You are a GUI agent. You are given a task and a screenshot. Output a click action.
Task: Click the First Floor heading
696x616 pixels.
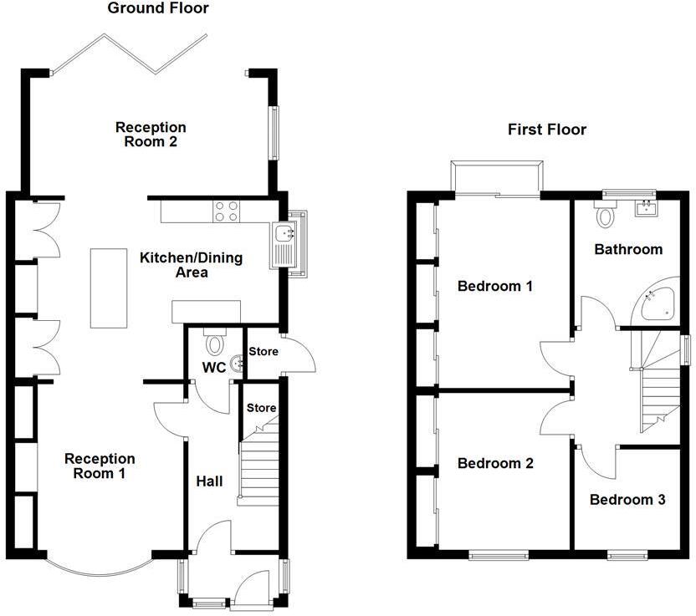547,130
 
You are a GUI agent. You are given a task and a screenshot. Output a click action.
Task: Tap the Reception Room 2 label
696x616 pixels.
151,135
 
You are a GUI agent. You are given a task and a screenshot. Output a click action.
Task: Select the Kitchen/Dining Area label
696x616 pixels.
191,265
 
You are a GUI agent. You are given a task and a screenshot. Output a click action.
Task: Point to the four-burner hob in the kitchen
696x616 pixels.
227,211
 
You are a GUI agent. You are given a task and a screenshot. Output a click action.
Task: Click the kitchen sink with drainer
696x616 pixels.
287,242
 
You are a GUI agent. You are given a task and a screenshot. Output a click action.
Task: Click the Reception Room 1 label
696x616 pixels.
100,466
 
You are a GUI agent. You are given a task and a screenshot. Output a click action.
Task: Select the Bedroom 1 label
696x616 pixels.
495,287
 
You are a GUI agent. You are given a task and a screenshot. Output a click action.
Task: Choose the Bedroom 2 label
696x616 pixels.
495,463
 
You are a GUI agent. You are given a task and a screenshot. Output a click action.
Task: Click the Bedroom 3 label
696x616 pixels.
627,500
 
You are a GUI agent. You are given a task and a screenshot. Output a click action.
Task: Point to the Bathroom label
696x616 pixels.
628,249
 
